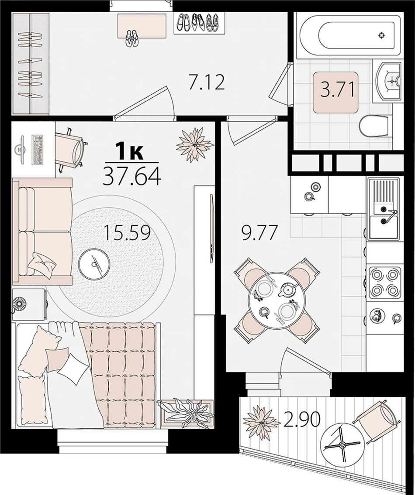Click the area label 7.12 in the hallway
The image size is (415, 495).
207,82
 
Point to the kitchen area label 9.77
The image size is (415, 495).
259,232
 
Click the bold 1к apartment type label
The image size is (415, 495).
129,150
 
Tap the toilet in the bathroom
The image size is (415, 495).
373,126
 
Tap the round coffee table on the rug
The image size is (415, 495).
94,263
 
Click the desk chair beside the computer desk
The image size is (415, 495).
71,149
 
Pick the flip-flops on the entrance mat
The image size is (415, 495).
132,38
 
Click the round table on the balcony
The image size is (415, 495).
342,445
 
